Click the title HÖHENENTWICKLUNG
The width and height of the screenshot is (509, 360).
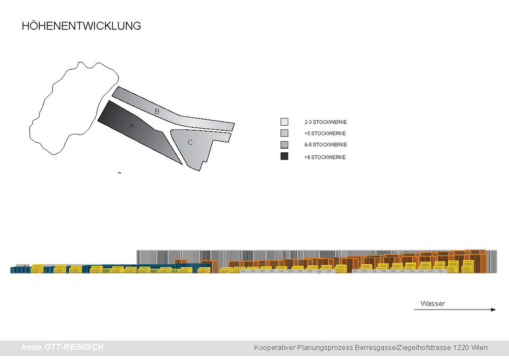pyautogui.click(x=81, y=26)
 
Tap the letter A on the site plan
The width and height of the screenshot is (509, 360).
pyautogui.click(x=132, y=126)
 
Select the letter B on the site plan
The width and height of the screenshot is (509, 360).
pyautogui.click(x=157, y=112)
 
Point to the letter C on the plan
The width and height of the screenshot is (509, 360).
pyautogui.click(x=190, y=142)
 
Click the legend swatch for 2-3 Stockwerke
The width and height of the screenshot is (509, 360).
pyautogui.click(x=285, y=122)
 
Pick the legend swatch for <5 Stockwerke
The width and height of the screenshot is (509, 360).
pyautogui.click(x=285, y=133)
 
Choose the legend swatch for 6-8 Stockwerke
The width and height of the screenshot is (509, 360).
pyautogui.click(x=285, y=145)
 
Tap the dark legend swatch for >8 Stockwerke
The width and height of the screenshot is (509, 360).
pyautogui.click(x=285, y=156)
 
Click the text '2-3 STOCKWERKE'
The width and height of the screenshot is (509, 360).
pyautogui.click(x=326, y=122)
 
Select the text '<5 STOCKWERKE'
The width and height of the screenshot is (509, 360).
pyautogui.click(x=325, y=133)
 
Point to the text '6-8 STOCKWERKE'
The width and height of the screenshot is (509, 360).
pyautogui.click(x=326, y=145)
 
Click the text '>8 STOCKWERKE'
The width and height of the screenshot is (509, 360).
pyautogui.click(x=325, y=157)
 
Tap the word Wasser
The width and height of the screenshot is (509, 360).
pyautogui.click(x=433, y=303)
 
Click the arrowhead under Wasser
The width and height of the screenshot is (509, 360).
pyautogui.click(x=493, y=310)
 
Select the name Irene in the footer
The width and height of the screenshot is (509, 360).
pyautogui.click(x=32, y=347)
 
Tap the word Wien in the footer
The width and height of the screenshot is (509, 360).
pyautogui.click(x=479, y=348)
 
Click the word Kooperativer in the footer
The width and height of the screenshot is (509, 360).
pyautogui.click(x=275, y=348)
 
